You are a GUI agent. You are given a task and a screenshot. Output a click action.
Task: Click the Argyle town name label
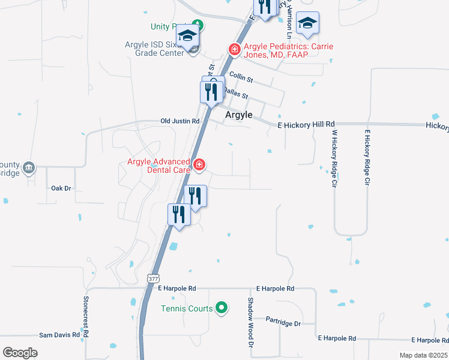coord(238,115)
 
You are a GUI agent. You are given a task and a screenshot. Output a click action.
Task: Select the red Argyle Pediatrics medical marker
coord(234,49)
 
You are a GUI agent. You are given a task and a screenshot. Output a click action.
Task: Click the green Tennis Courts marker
coord(221,308)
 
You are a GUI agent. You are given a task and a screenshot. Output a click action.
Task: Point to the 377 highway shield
coord(152,278)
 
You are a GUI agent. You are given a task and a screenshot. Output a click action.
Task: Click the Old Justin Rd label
coord(179,121)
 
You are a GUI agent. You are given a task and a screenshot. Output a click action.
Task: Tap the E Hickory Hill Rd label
coord(306,125)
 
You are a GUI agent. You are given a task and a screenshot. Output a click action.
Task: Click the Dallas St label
coord(236,92)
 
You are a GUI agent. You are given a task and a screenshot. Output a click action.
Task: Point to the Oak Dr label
coord(61,188)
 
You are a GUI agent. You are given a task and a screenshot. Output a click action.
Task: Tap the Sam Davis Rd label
coord(59,335)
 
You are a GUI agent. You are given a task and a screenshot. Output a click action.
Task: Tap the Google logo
coord(20,353)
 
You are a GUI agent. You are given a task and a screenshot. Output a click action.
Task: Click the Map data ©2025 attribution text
coord(423,355)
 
